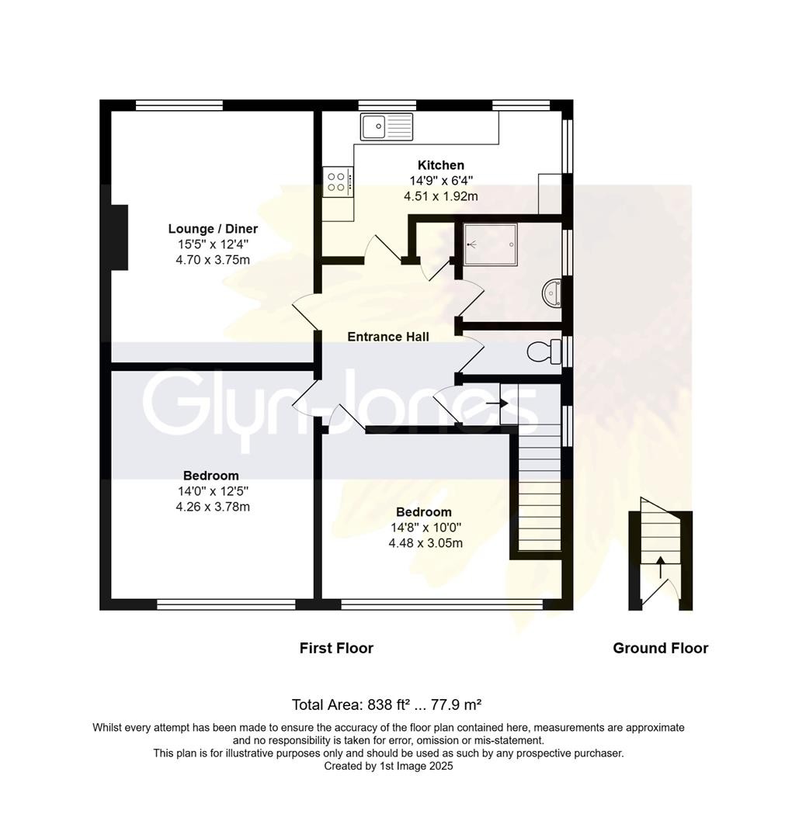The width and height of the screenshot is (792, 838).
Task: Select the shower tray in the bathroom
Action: pyautogui.click(x=490, y=243)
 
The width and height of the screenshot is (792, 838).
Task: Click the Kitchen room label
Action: pyautogui.click(x=440, y=164)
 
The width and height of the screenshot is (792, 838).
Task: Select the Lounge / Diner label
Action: pyautogui.click(x=213, y=229)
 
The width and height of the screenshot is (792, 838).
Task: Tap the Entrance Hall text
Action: pyautogui.click(x=387, y=337)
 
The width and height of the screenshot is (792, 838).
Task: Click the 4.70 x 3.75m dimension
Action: pyautogui.click(x=213, y=260)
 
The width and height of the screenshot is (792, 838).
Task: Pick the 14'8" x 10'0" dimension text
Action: pyautogui.click(x=425, y=528)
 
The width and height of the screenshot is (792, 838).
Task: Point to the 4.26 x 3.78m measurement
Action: pyautogui.click(x=212, y=507)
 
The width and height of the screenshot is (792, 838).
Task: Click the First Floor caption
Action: pyautogui.click(x=336, y=648)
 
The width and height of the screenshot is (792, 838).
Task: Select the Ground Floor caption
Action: pyautogui.click(x=660, y=648)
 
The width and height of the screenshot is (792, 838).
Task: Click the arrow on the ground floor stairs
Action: pyautogui.click(x=660, y=567)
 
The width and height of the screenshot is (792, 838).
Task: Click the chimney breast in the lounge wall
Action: pyautogui.click(x=118, y=237)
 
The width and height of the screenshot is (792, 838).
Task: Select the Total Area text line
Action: pyautogui.click(x=387, y=705)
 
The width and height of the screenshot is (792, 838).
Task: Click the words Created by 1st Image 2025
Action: pyautogui.click(x=388, y=766)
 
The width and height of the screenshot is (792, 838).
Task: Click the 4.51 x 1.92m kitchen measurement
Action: pyautogui.click(x=440, y=196)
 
